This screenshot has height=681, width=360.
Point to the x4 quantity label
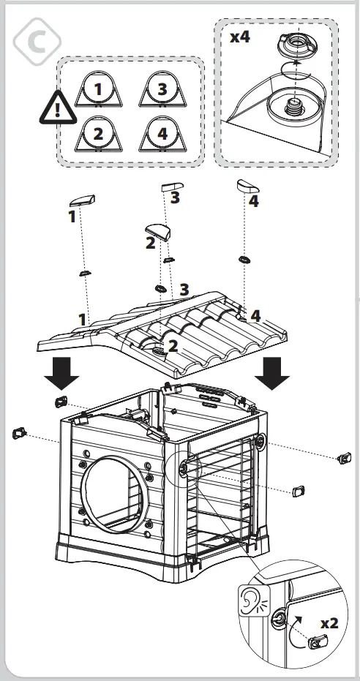pos(240,37)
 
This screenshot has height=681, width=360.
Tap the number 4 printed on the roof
pos(255,315)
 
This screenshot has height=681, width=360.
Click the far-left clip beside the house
pos(18,434)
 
